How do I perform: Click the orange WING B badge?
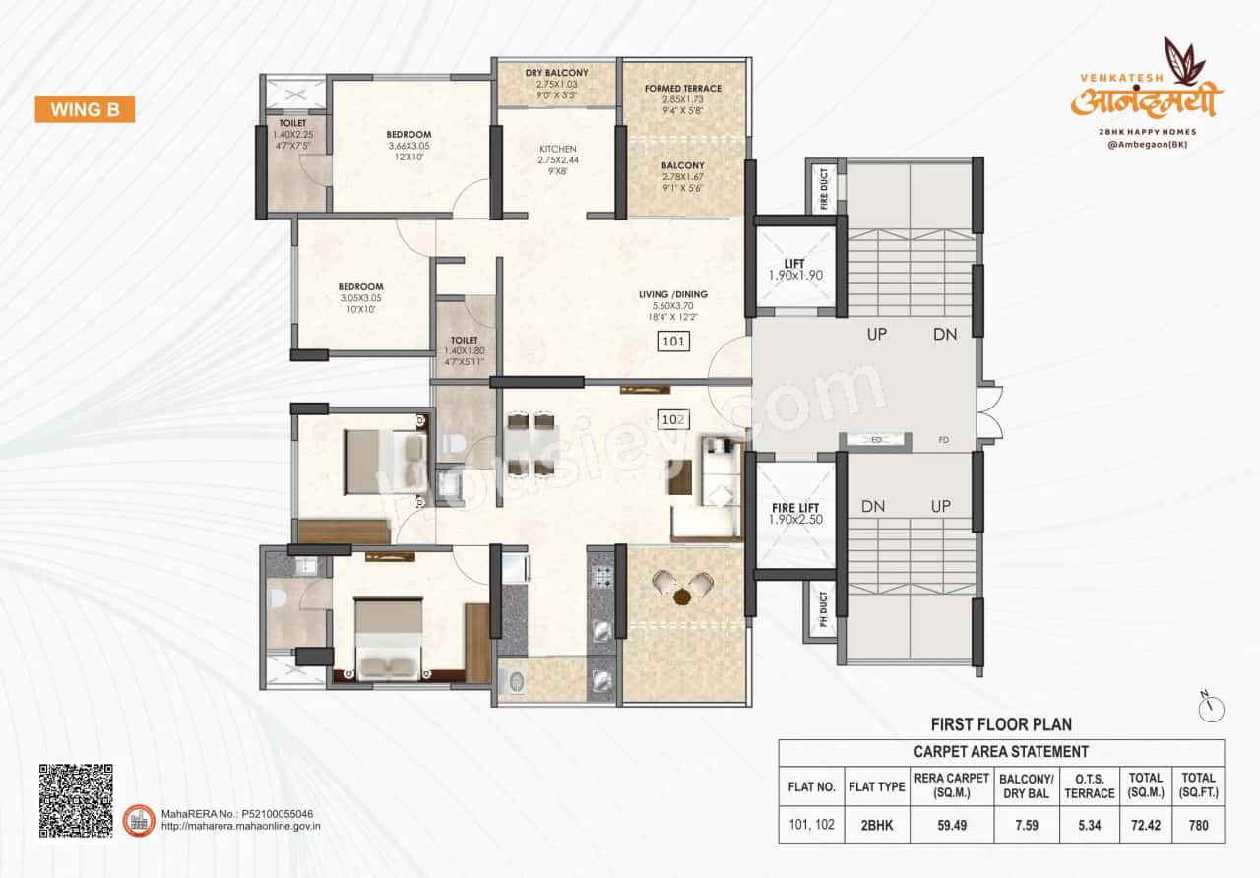pos(85,109)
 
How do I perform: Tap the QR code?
pos(76,800)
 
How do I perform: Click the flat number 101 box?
pos(673,343)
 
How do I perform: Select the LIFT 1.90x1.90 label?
pos(794,270)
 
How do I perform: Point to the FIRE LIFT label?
pos(794,514)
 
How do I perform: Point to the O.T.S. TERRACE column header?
pos(1090,786)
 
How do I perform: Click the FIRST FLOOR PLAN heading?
pos(1001,724)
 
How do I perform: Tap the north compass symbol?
pos(1213,706)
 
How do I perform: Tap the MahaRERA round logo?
pos(139,820)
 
